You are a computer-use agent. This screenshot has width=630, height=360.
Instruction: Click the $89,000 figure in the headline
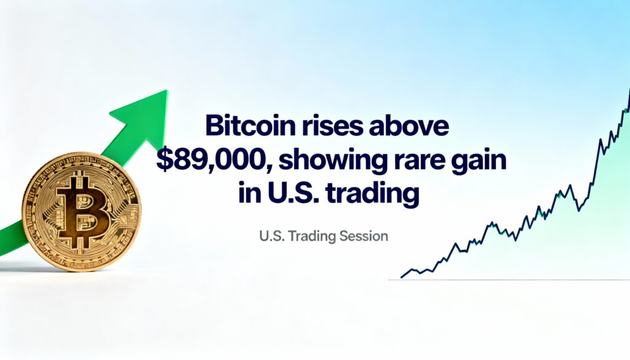(212, 161)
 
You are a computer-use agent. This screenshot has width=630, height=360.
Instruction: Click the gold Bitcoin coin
(82, 211)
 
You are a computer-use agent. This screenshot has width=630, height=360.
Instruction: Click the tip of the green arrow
(167, 91)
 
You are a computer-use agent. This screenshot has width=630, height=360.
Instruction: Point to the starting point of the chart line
(401, 278)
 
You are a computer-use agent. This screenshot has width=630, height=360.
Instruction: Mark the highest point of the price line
(629, 90)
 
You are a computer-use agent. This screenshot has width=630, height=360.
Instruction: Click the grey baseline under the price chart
(509, 279)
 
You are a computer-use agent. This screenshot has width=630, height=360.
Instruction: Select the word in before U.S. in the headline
(246, 194)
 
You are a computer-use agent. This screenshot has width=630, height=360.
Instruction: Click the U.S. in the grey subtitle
(272, 236)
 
